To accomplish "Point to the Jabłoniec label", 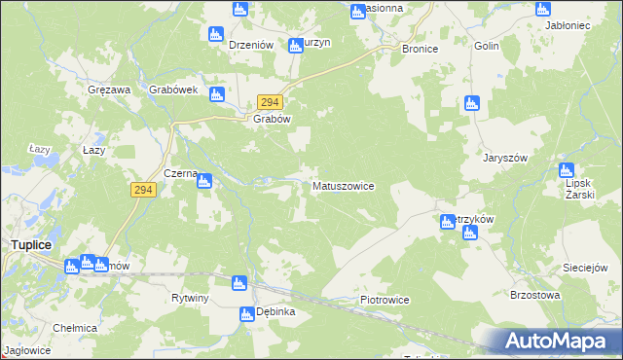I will (582, 27).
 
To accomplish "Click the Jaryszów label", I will (504, 158).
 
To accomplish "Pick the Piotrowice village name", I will (385, 300).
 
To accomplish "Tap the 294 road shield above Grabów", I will (270, 102).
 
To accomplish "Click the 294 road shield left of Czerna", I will (143, 190).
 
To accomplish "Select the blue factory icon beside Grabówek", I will (217, 94).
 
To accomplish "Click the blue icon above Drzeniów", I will (217, 34).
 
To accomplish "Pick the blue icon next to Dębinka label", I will (246, 313).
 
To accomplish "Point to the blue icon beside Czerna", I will (204, 179).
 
